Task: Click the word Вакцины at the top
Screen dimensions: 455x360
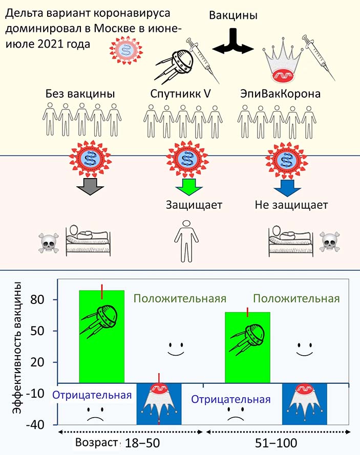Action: [x=233, y=16]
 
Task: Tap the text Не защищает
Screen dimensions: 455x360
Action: [x=291, y=206]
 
